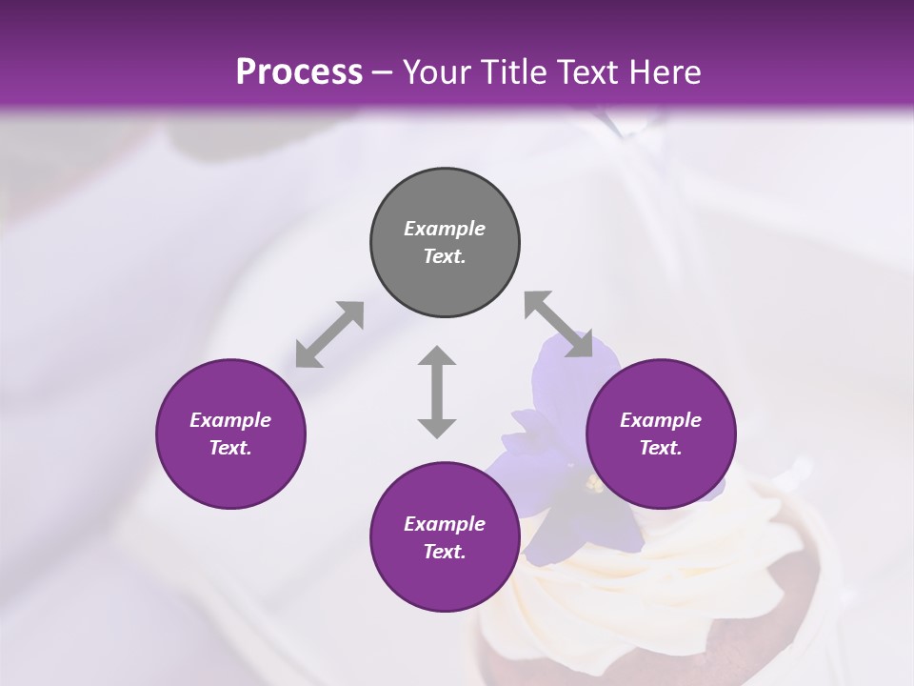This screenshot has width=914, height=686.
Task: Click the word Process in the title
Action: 299,72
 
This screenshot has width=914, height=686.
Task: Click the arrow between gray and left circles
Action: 329,334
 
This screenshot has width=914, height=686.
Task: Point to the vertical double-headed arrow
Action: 437,393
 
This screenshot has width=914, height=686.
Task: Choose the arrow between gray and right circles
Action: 558,325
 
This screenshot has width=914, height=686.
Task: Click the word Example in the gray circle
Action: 445,229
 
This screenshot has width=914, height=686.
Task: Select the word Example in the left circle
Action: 230,420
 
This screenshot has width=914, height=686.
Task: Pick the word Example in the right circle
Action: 661,420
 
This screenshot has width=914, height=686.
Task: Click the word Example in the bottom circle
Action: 445,524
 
